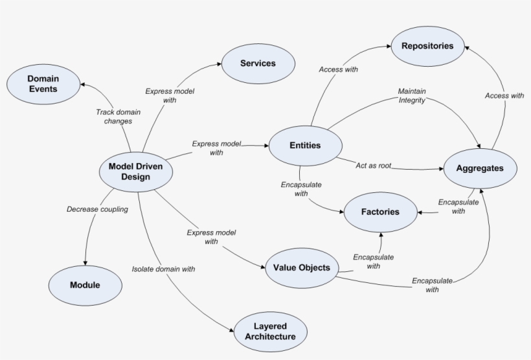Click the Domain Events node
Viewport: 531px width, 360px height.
[x=43, y=84]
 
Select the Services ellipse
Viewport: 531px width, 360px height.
[x=258, y=63]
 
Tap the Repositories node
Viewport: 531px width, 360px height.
[x=427, y=46]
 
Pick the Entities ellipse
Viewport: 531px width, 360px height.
[x=305, y=145]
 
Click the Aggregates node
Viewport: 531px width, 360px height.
[x=480, y=168]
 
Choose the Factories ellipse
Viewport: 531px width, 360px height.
[x=380, y=212]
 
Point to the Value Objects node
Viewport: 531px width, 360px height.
[x=301, y=267]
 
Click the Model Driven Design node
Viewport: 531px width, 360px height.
[x=135, y=172]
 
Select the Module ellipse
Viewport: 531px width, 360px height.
[x=85, y=285]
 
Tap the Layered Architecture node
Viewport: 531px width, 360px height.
[x=270, y=331]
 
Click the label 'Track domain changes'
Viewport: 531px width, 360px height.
[x=114, y=117]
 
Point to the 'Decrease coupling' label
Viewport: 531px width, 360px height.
[x=97, y=209]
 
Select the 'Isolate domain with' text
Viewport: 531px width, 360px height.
[x=163, y=268]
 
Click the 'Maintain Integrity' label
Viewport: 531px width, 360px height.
[x=412, y=96]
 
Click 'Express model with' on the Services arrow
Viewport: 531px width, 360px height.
[x=170, y=96]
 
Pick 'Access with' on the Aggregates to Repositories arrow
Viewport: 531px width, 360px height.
[x=504, y=96]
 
